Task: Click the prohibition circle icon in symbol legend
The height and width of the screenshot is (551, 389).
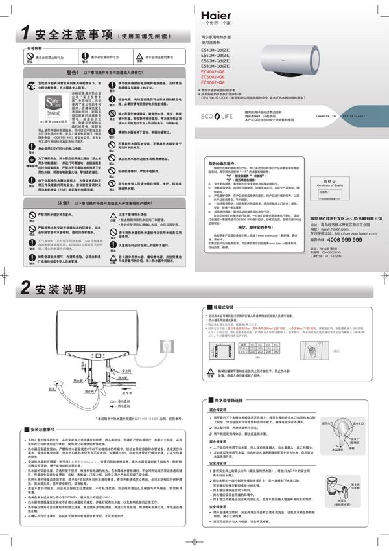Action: [x=29, y=56]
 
